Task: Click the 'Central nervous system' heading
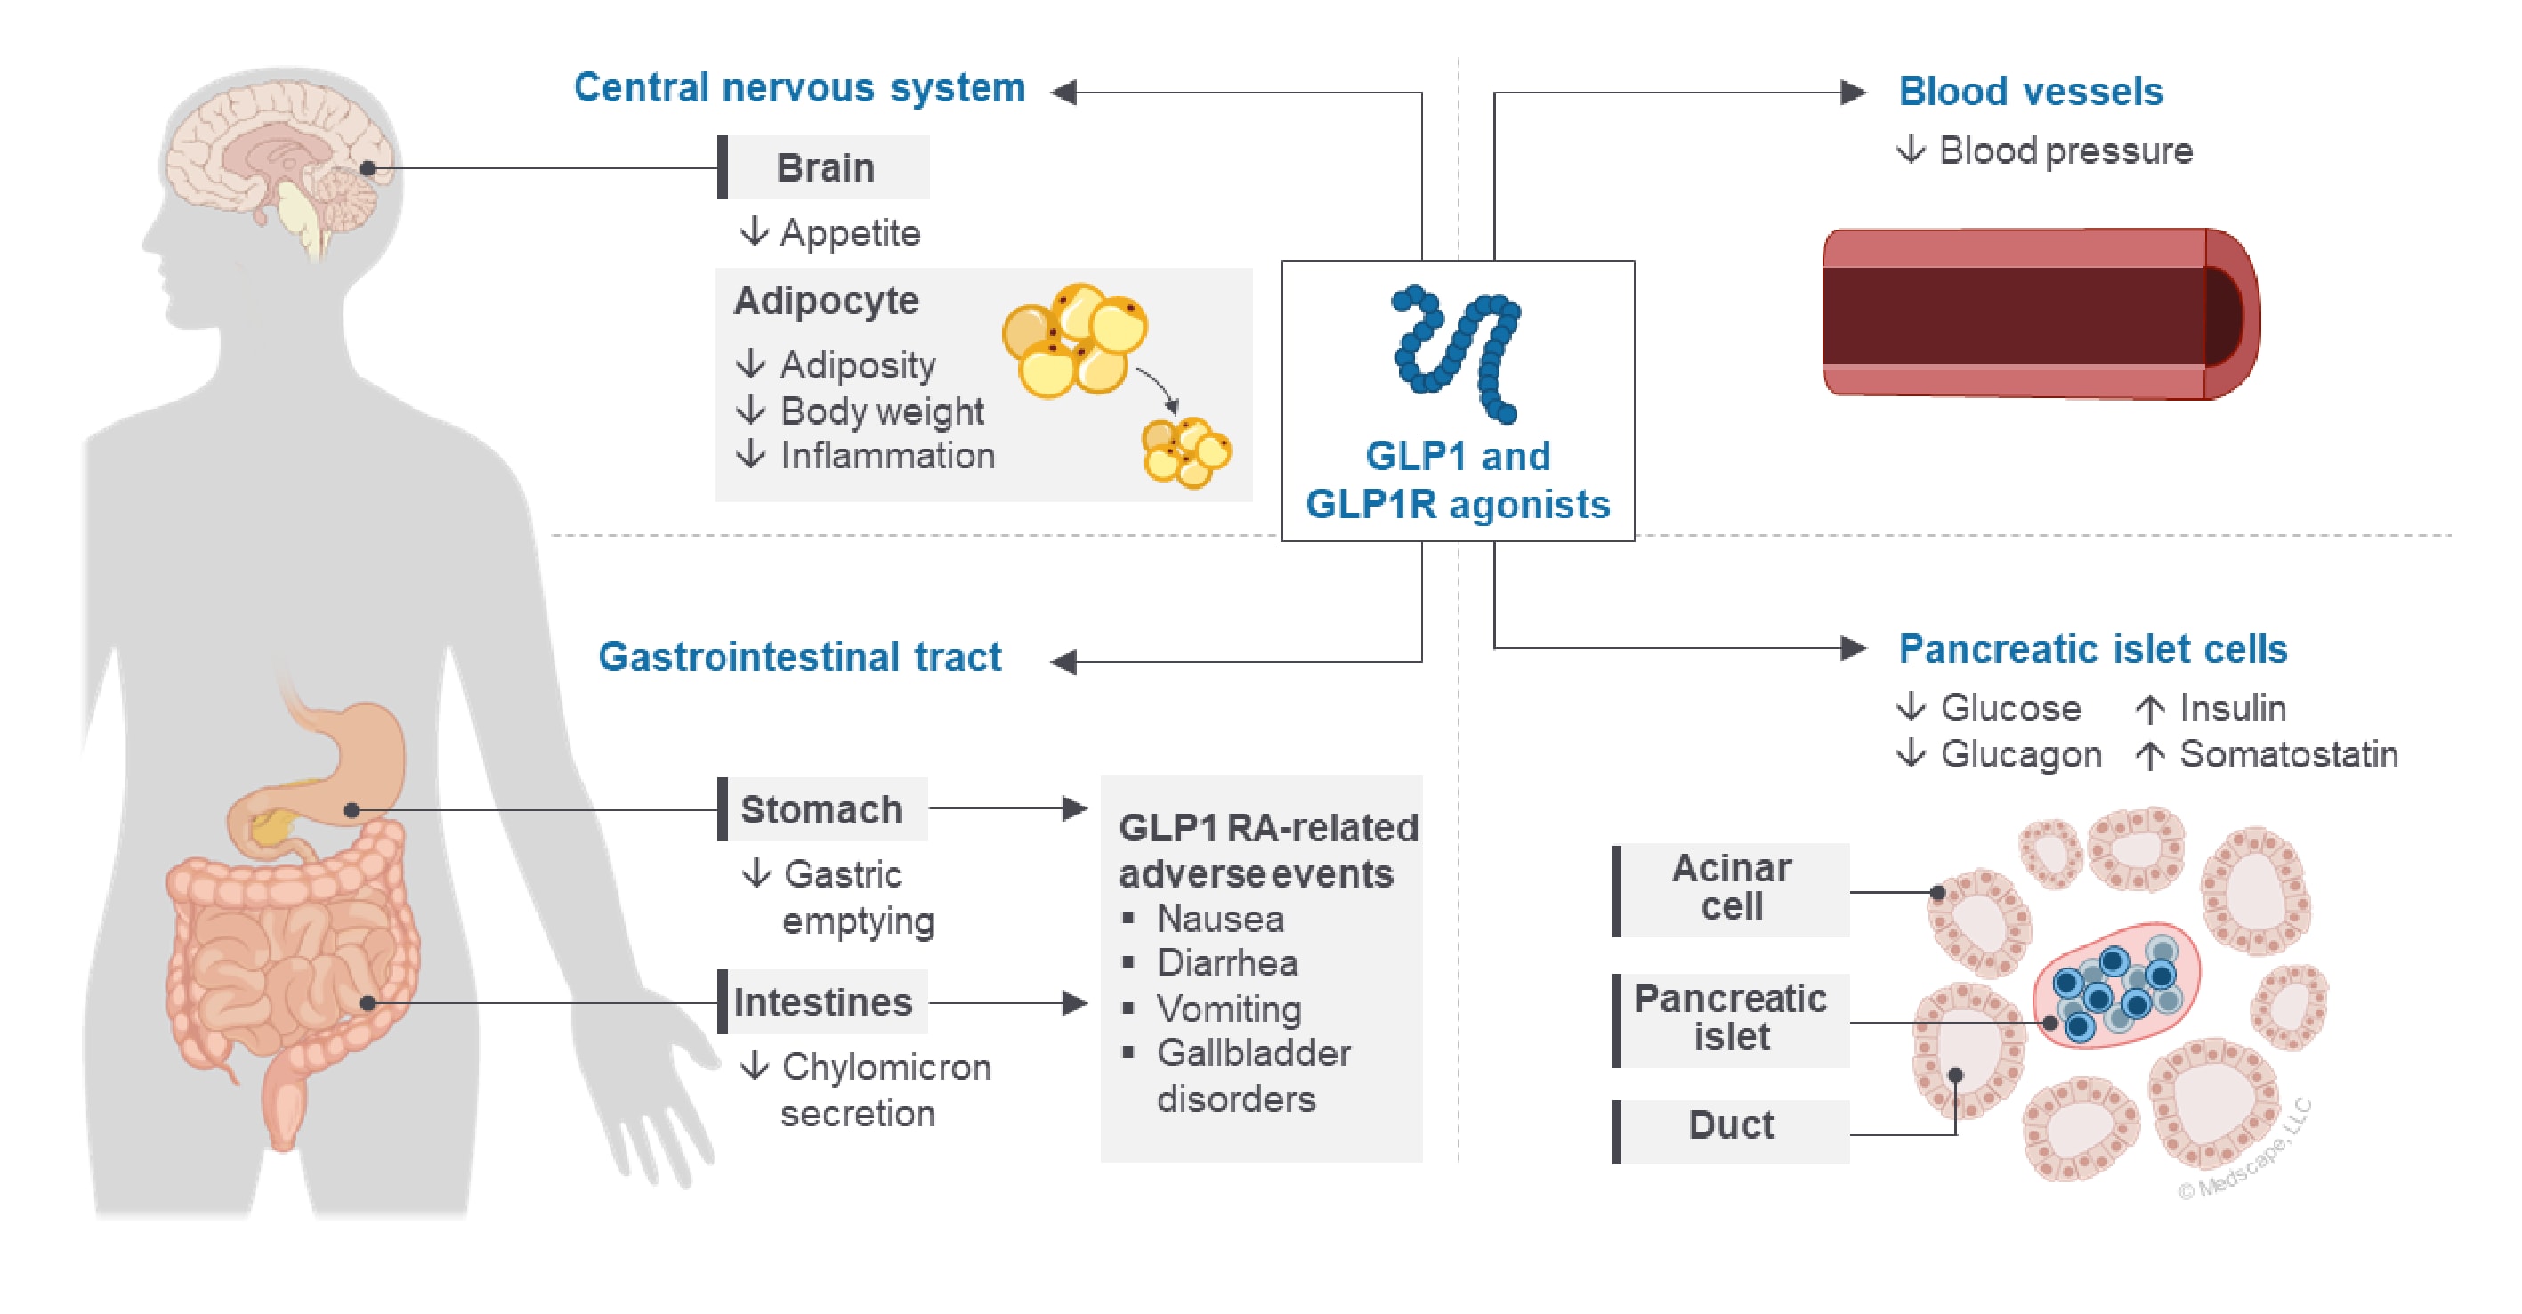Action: (799, 88)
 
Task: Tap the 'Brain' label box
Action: (824, 167)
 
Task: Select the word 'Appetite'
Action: (850, 233)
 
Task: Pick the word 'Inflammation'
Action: (887, 455)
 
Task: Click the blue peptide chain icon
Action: (1457, 353)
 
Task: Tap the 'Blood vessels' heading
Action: (2031, 91)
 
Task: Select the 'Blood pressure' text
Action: (2065, 150)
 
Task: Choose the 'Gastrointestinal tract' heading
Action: (799, 657)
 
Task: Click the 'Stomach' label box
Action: (822, 810)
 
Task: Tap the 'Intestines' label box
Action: (822, 1002)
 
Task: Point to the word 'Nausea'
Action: (1220, 919)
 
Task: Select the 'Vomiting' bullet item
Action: (1229, 1009)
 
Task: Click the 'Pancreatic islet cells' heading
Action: (2092, 648)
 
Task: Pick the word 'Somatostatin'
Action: (2288, 754)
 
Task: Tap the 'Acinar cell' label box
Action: (1731, 888)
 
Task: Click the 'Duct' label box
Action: (1731, 1125)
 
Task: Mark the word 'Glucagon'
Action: (2021, 754)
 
